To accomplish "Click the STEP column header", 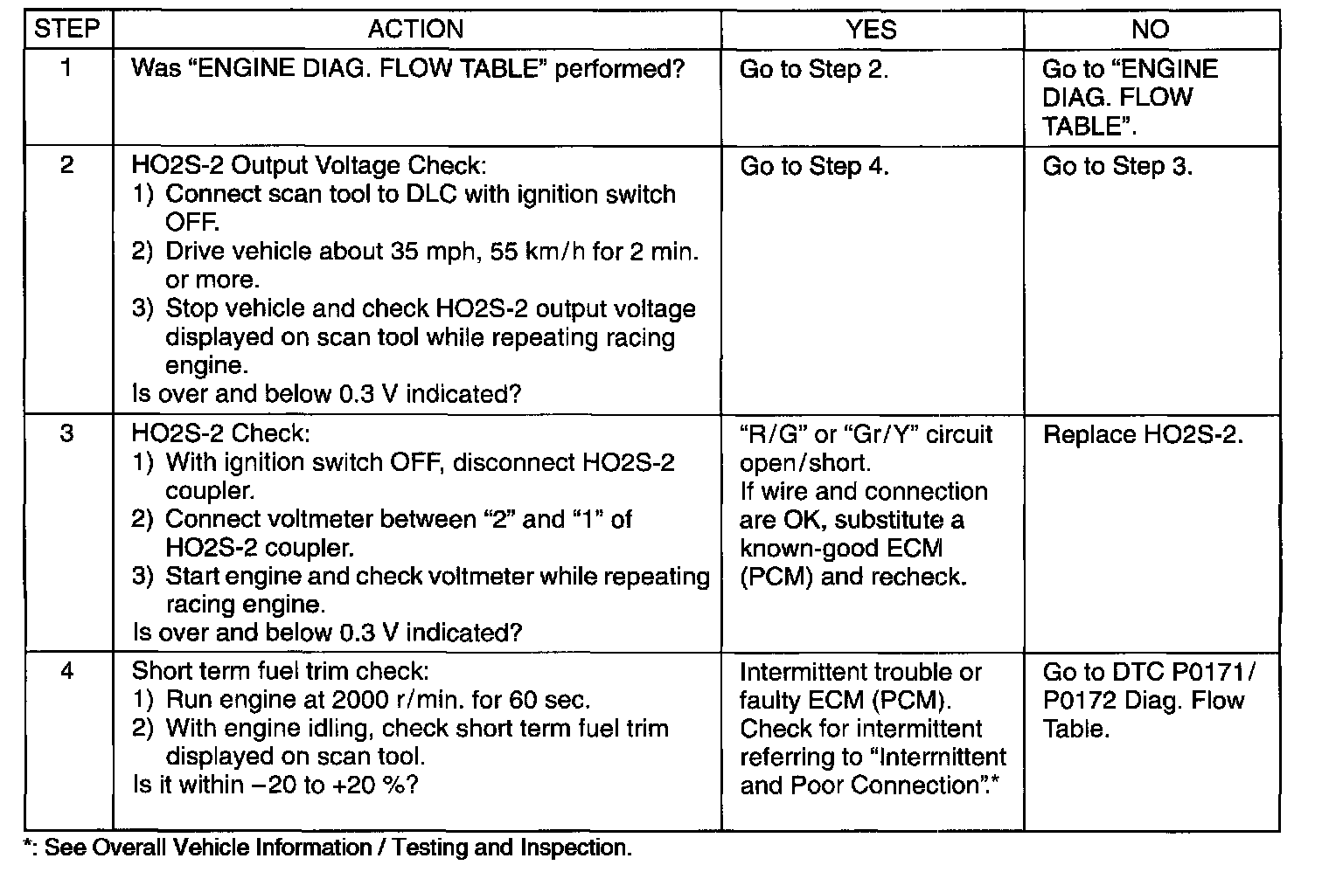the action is pos(67,29).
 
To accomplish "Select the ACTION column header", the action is pos(416,29).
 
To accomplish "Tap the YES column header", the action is pos(871,29).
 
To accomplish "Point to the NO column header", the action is pos(1151,29).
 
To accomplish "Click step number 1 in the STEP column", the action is pos(66,68).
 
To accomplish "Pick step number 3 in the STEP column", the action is pos(67,433).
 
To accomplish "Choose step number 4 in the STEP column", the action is pos(67,671).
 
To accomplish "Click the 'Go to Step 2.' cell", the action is pos(814,69).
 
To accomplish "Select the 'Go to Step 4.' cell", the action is pos(814,166).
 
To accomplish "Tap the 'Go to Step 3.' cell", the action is pos(1117,166).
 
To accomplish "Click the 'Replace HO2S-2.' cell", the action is pos(1143,434).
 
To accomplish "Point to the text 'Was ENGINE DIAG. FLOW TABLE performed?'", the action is pos(408,69).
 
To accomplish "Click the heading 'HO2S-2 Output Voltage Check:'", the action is pos(309,165).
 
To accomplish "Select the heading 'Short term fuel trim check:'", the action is pos(280,671).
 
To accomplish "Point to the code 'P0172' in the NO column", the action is pos(1075,701).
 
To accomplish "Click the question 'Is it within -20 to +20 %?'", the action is pos(275,785).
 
